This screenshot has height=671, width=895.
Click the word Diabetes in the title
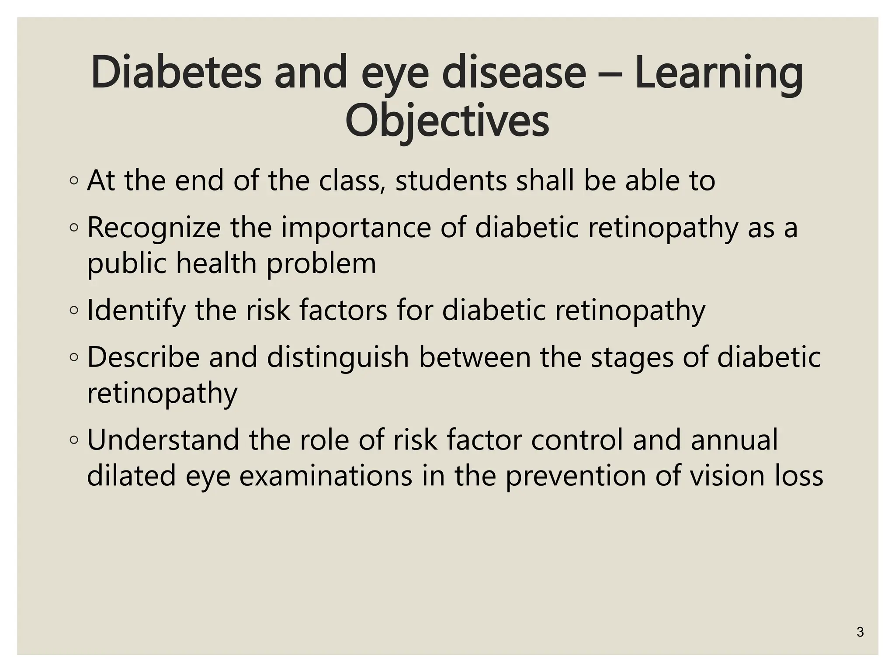point(176,72)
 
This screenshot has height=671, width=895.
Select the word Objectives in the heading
point(447,121)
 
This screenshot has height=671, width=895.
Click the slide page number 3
point(860,632)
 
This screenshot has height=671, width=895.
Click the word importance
point(356,228)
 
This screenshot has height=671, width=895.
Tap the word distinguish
point(338,357)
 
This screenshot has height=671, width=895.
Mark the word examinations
point(326,476)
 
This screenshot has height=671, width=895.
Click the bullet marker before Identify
point(74,311)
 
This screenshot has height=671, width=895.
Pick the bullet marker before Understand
point(74,440)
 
